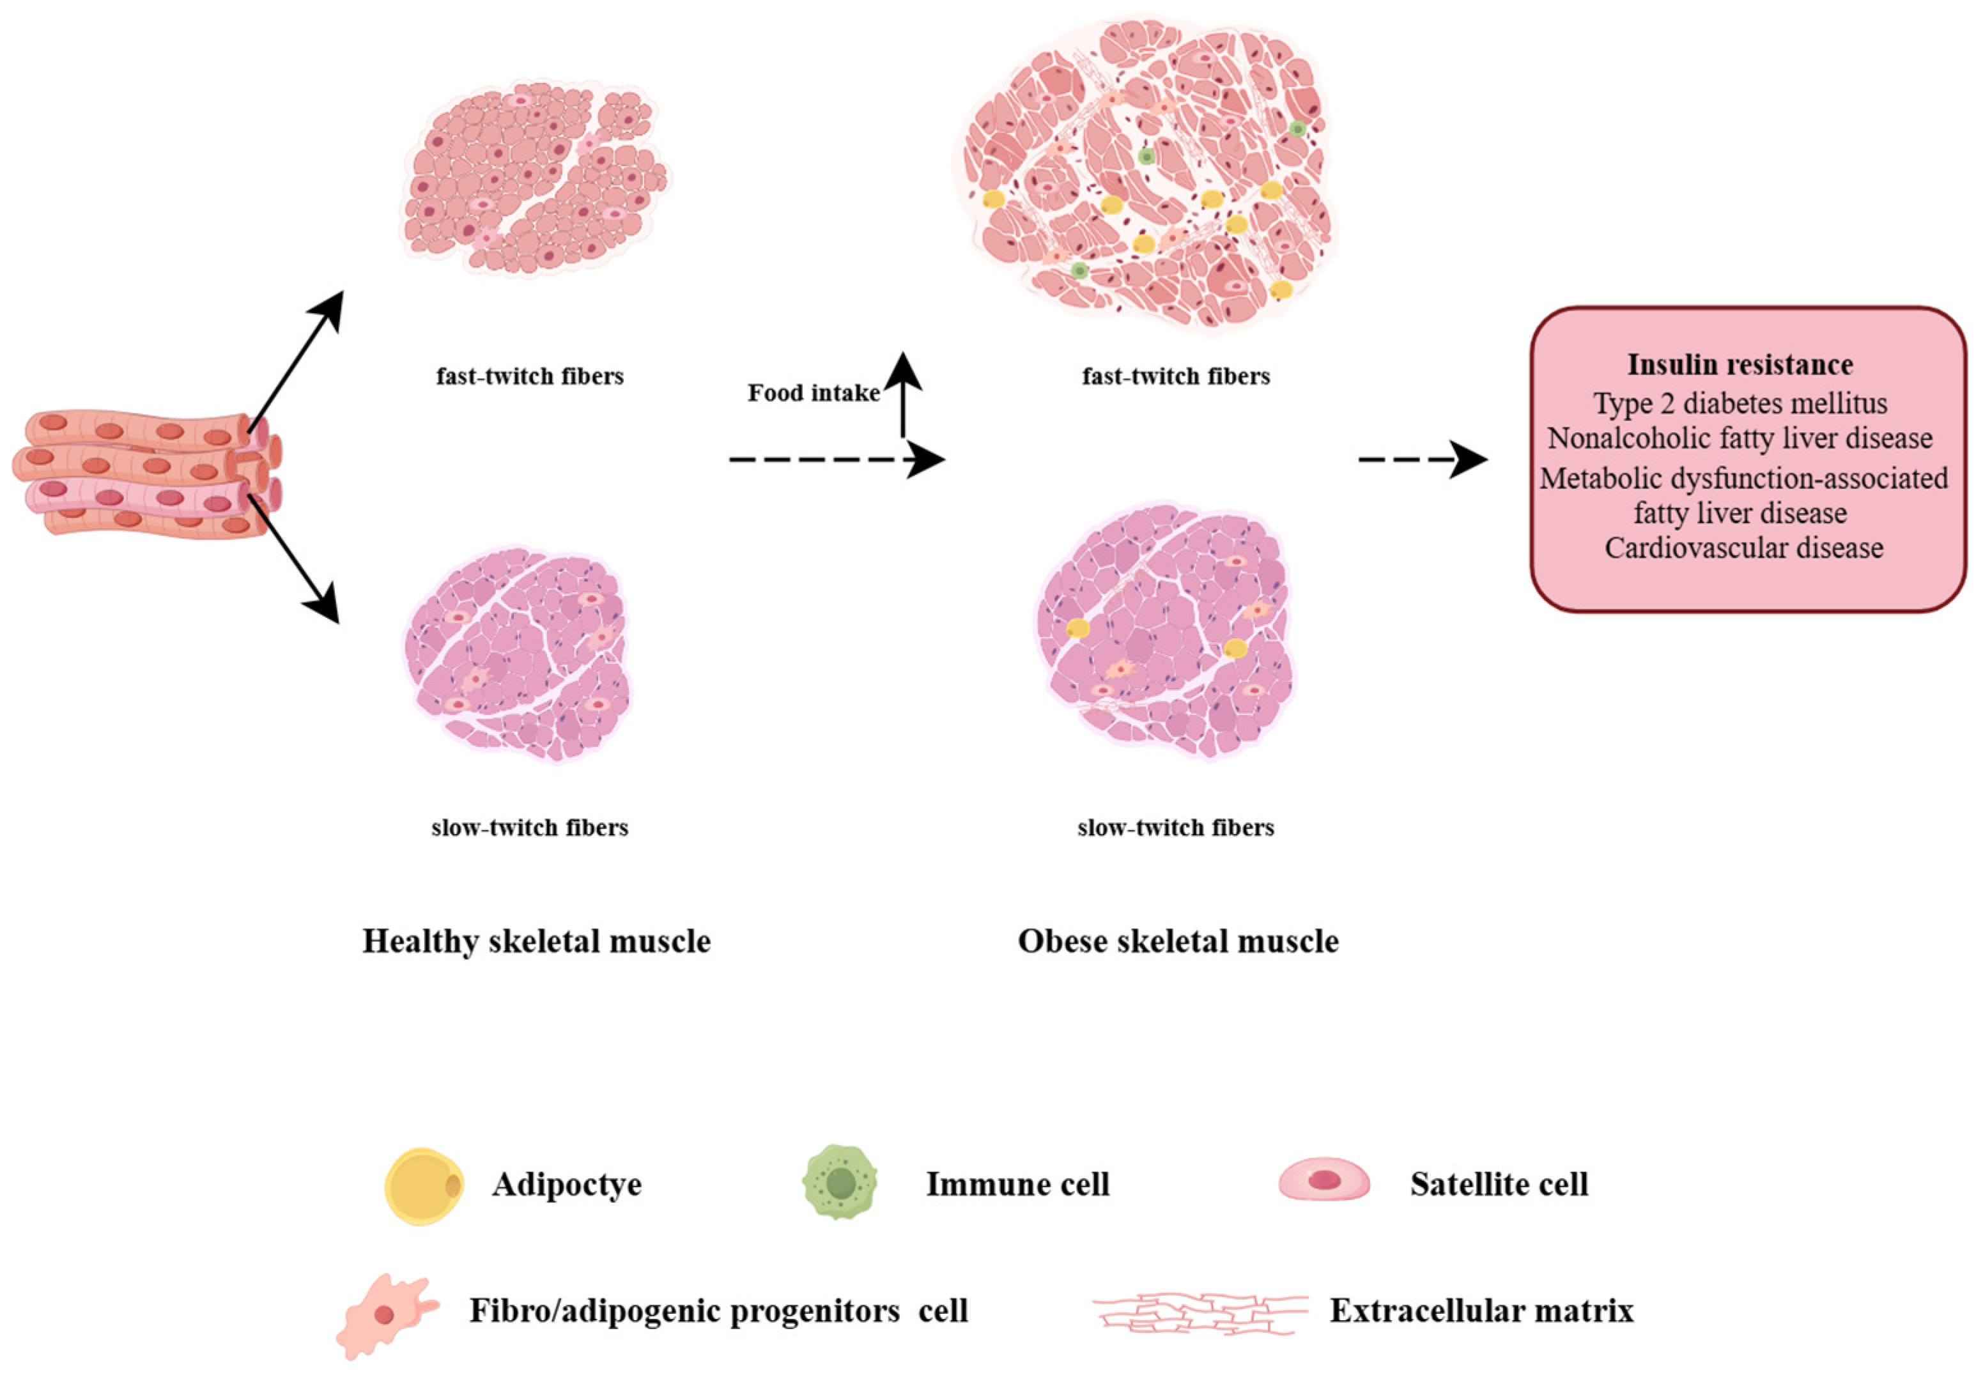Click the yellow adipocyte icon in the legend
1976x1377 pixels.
coord(424,1185)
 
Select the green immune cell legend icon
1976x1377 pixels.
coord(839,1181)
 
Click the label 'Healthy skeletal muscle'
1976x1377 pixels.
coord(536,941)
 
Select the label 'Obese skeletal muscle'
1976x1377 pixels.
coord(1177,941)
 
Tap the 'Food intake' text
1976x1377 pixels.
coord(814,394)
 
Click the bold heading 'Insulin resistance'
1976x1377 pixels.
coord(1740,364)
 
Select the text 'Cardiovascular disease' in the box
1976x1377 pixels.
coord(1743,548)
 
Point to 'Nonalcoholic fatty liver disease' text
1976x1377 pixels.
coord(1740,438)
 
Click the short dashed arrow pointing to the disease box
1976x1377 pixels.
coord(1422,459)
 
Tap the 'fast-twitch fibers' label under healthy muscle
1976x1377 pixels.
coord(529,376)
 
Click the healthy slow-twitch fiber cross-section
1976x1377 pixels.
coord(517,654)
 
